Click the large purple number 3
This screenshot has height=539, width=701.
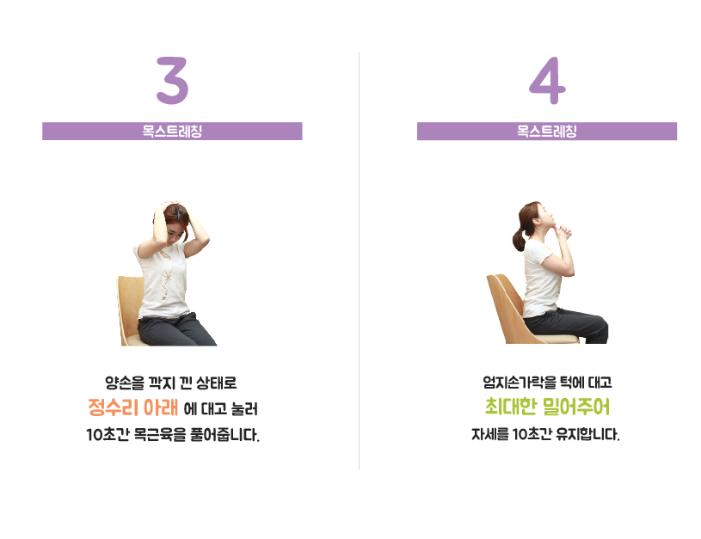pyautogui.click(x=173, y=81)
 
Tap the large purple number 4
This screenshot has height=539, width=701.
pyautogui.click(x=547, y=81)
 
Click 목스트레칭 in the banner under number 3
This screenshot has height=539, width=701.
pyautogui.click(x=172, y=131)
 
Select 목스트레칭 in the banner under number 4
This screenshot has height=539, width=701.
pyautogui.click(x=547, y=131)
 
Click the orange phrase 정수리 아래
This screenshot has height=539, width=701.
pyautogui.click(x=132, y=407)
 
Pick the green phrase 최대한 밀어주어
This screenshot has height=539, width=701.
pyautogui.click(x=547, y=407)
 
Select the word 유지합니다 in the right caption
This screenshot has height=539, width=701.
pyautogui.click(x=587, y=434)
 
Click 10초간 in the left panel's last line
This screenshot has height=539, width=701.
pyautogui.click(x=108, y=434)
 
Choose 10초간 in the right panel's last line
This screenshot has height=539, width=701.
pyautogui.click(x=530, y=434)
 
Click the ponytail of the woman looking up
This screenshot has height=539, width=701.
pyautogui.click(x=519, y=239)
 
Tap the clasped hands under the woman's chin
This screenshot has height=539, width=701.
pyautogui.click(x=563, y=231)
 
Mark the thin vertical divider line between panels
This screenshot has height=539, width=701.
pyautogui.click(x=359, y=260)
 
